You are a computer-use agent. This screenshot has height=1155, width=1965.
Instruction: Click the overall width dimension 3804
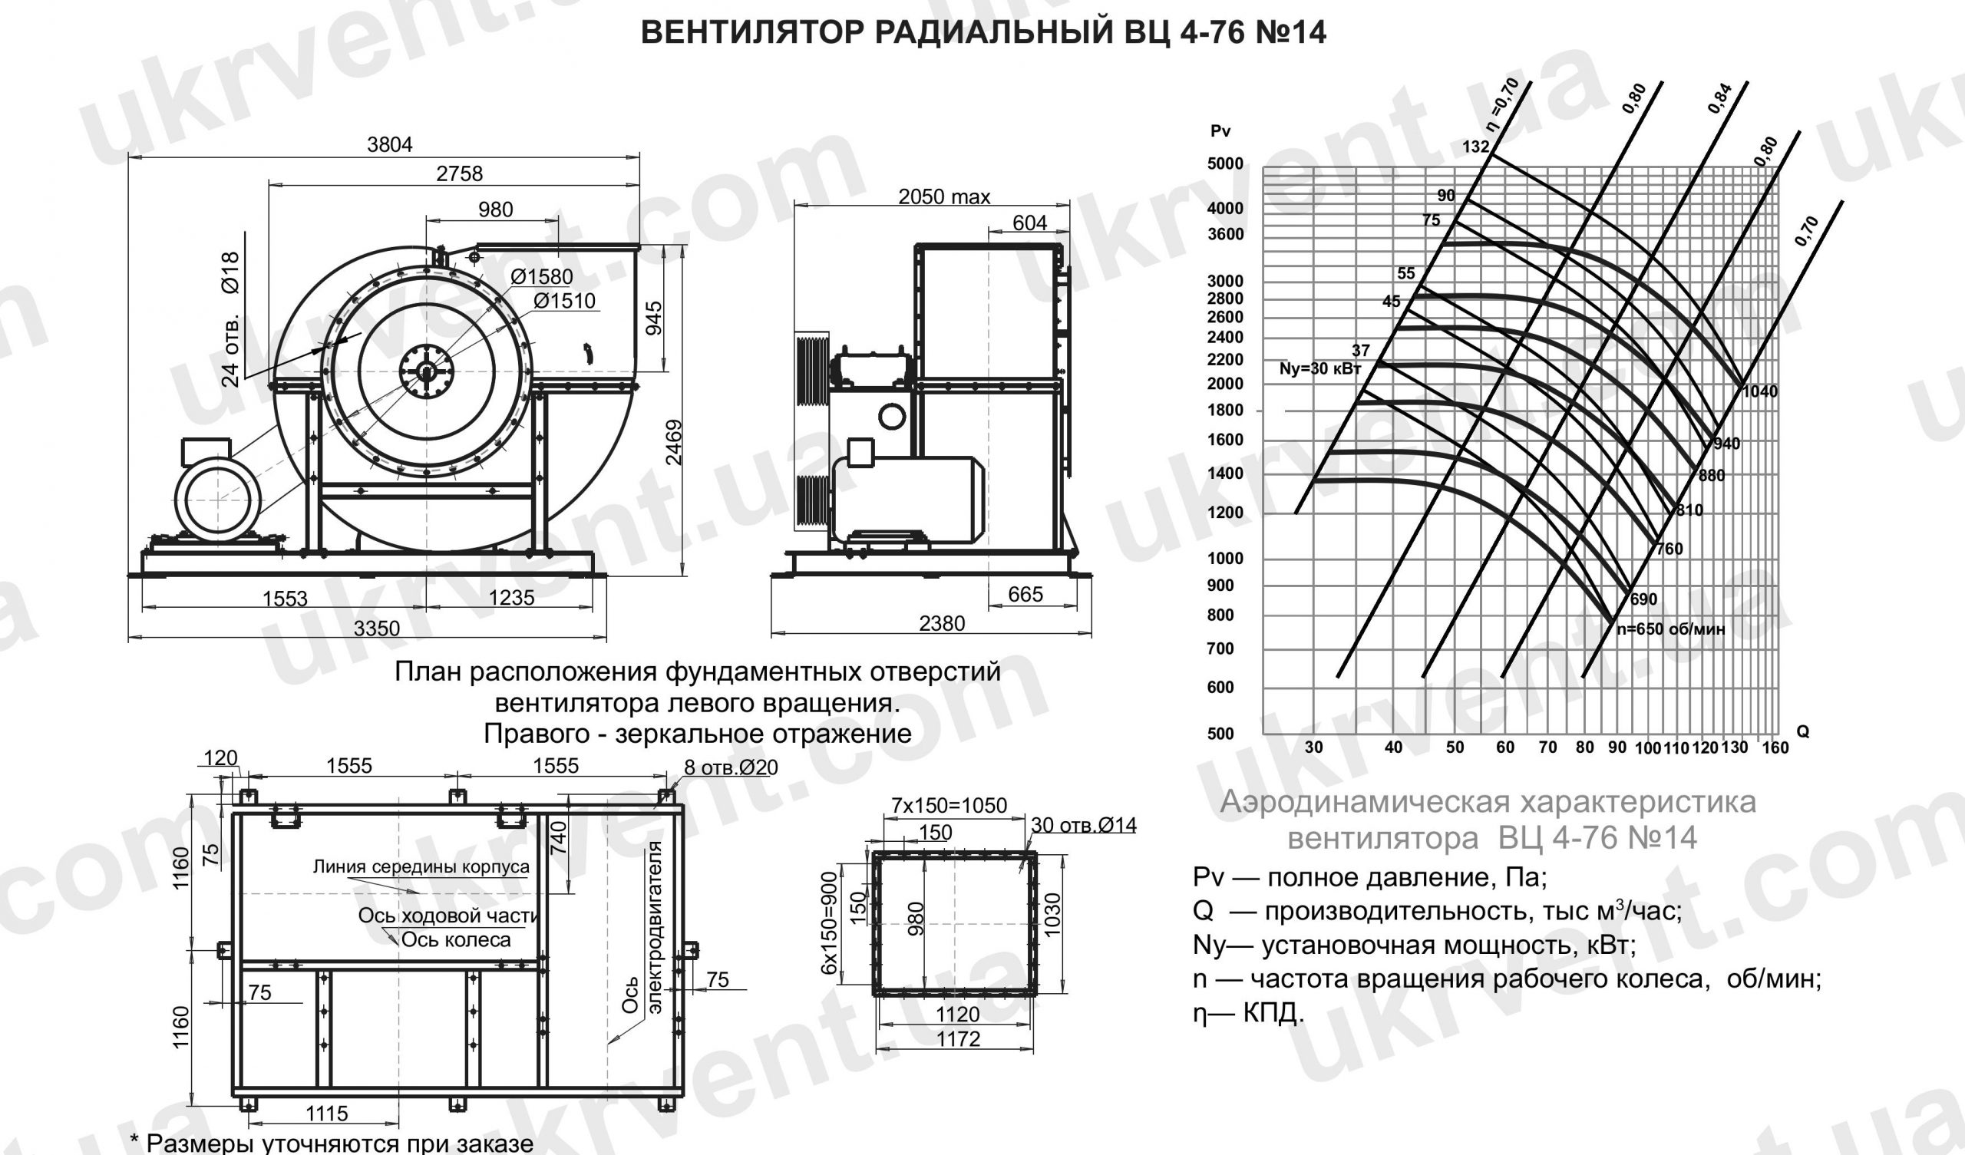(x=389, y=144)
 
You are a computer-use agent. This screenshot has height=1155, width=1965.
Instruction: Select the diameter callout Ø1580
(x=542, y=277)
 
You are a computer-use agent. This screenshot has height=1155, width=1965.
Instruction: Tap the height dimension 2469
(x=675, y=442)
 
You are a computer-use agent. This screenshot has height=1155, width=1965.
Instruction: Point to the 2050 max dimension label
(x=943, y=197)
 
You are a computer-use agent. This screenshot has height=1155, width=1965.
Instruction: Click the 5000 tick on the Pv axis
(x=1225, y=164)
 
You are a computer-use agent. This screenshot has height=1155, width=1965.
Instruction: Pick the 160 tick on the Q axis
(x=1775, y=748)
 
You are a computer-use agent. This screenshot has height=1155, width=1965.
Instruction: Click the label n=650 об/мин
(x=1670, y=629)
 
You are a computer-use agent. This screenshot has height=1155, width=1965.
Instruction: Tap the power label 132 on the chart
(x=1475, y=147)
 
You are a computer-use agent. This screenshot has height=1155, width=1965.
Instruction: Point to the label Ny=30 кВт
(x=1319, y=369)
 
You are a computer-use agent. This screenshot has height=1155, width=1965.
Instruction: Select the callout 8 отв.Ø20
(x=731, y=767)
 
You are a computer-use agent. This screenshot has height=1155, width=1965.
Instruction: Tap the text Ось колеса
(x=455, y=941)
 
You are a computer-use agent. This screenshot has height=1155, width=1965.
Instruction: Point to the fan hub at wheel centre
(x=427, y=372)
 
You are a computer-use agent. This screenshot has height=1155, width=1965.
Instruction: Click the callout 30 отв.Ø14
(x=1084, y=824)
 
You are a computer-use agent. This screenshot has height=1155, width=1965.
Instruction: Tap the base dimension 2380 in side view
(x=941, y=624)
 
